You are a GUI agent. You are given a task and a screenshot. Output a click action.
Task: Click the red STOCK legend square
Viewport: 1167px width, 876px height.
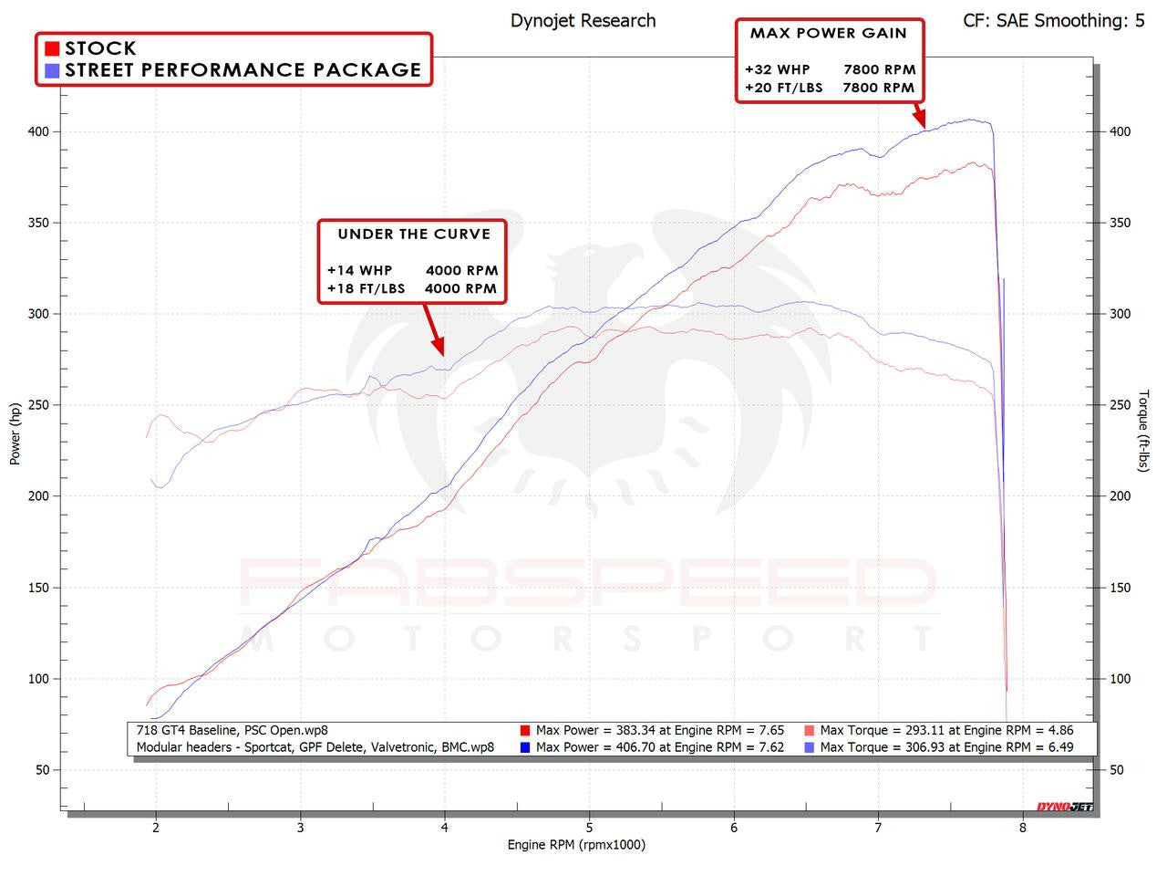tap(52, 48)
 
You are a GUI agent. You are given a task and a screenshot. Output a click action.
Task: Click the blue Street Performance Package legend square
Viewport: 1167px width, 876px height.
tap(52, 70)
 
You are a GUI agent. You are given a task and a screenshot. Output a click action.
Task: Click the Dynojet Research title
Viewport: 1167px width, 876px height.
tap(583, 20)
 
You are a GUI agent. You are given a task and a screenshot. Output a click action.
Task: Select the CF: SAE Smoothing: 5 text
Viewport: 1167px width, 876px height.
tap(1053, 20)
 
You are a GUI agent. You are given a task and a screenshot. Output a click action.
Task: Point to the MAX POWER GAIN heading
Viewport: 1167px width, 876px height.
tap(828, 34)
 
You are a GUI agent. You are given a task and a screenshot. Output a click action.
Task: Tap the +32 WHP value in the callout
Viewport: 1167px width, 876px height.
tap(777, 69)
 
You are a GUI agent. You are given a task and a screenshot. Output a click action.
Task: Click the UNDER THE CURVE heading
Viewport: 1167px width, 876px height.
tap(414, 235)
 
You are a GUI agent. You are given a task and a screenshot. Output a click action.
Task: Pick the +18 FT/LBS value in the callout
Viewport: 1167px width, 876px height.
tap(366, 289)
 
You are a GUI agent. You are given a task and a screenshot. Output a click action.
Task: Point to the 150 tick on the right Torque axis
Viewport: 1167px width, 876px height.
tap(1120, 588)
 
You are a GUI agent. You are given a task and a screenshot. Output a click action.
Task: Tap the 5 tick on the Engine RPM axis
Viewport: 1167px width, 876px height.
tap(590, 828)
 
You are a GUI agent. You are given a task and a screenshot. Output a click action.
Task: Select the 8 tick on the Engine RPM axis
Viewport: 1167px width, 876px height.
tap(1023, 828)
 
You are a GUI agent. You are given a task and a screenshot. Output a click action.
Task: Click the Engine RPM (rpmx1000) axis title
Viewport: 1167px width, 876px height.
tap(576, 845)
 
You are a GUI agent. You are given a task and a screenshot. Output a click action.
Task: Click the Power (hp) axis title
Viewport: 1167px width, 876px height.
tap(15, 434)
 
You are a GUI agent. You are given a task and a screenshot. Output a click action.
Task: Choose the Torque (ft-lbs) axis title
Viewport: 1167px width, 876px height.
tap(1144, 431)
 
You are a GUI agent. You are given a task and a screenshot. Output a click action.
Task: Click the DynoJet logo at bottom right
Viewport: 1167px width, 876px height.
tap(1064, 807)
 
